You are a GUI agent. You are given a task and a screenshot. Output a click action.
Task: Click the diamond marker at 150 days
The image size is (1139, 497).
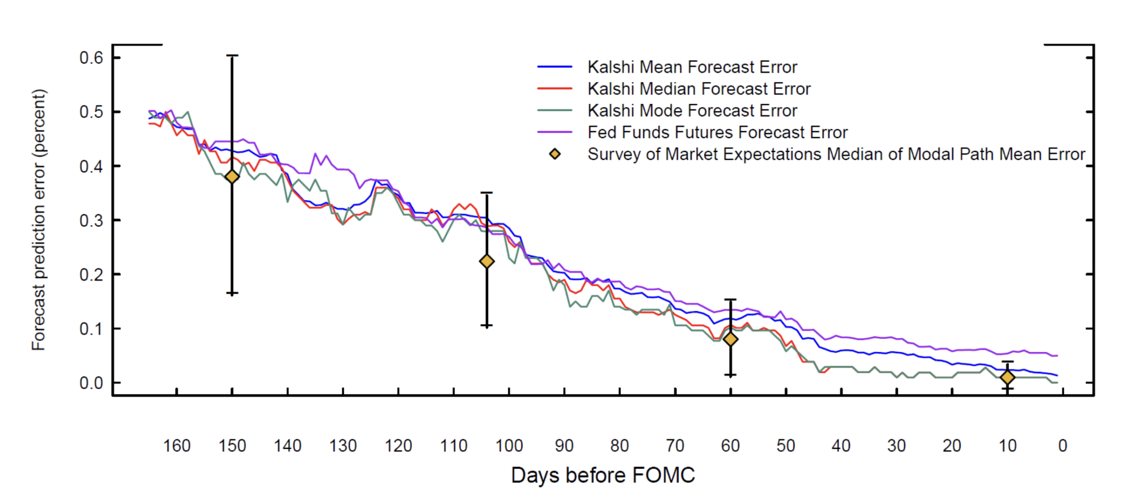(x=232, y=176)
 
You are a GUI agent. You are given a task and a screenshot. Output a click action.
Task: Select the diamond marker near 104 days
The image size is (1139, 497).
(x=487, y=261)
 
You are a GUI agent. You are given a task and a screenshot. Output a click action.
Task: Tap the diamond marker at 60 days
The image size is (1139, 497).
(x=730, y=339)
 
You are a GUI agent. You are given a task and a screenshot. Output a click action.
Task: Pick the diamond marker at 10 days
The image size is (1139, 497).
(x=1007, y=378)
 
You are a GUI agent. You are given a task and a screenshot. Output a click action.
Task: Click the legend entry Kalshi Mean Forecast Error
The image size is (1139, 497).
(x=692, y=67)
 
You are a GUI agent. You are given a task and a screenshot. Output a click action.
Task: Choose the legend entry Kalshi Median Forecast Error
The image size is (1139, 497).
(x=699, y=89)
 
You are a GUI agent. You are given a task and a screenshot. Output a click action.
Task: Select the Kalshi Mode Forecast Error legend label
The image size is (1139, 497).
(x=692, y=111)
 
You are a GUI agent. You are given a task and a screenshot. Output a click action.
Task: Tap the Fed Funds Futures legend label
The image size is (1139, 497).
(x=717, y=133)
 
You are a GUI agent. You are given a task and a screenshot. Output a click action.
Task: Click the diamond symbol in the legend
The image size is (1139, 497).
(x=555, y=154)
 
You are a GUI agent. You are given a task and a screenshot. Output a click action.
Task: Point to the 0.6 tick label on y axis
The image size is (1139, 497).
(x=91, y=58)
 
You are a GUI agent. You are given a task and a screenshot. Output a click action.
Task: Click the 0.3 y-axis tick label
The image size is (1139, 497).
(x=91, y=220)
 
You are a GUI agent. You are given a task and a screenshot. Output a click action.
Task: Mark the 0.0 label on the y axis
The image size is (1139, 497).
(x=91, y=383)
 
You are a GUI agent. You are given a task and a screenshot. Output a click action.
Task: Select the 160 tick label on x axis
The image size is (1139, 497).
(x=177, y=446)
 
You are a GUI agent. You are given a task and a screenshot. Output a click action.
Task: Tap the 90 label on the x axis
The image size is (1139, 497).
(x=564, y=446)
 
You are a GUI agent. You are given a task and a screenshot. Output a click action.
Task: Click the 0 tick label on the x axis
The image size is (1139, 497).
(x=1062, y=446)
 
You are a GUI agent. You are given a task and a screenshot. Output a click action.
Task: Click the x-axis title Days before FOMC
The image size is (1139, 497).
(x=603, y=475)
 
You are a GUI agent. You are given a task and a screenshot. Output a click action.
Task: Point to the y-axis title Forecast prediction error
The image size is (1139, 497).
(x=39, y=220)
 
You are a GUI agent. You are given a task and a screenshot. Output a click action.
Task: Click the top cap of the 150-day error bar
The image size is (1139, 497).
(x=232, y=56)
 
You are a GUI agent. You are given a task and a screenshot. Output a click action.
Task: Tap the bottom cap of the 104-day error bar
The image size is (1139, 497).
(x=487, y=326)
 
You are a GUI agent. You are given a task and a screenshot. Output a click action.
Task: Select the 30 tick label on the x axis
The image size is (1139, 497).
(x=897, y=446)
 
